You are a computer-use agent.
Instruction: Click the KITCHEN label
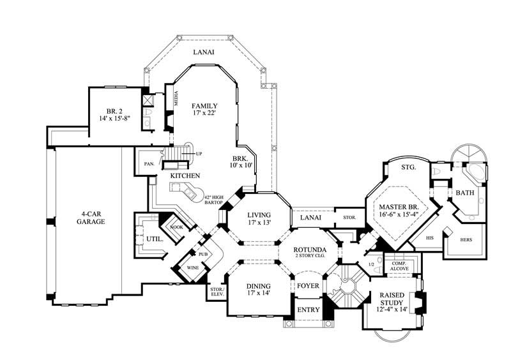[185, 176]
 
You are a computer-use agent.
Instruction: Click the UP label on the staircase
[199, 154]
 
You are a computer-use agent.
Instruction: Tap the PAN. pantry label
[149, 164]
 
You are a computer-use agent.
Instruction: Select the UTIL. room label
[155, 239]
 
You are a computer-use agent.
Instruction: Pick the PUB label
[203, 253]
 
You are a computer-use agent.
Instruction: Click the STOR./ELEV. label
[216, 292]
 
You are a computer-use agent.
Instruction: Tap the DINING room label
[259, 286]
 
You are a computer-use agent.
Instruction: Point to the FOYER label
[308, 285]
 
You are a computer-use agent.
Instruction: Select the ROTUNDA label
[310, 249]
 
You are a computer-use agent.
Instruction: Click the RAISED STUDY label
[391, 299]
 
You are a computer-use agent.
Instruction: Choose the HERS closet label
[466, 241]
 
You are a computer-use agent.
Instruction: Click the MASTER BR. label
[398, 207]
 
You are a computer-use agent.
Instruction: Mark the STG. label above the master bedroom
[408, 167]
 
